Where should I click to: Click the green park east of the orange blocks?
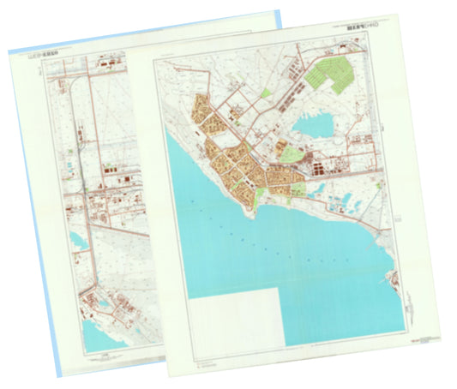coord(292,156)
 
